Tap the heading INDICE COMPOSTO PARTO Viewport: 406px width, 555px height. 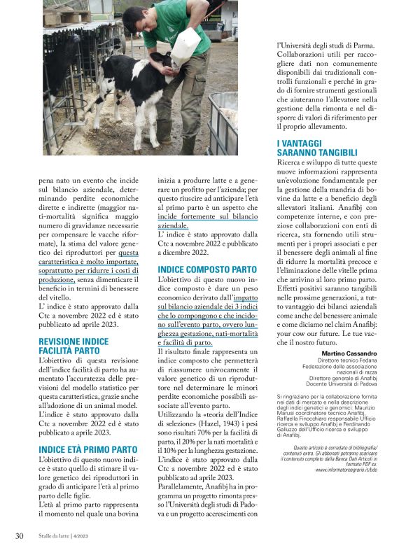(206, 269)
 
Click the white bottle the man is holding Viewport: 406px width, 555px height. (185, 45)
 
